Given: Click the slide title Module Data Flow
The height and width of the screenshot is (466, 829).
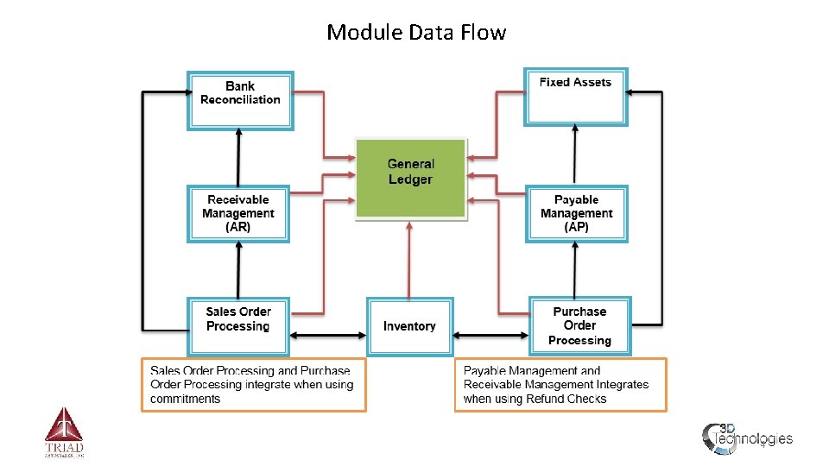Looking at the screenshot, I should (x=415, y=33).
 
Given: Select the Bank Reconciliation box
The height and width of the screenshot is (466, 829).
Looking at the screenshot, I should (x=240, y=100).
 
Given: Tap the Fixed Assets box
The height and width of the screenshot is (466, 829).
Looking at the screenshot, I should (x=575, y=96).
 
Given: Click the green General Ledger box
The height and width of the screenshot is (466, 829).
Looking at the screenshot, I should (x=410, y=178).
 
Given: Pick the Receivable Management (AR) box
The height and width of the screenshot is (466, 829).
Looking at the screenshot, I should (x=237, y=213).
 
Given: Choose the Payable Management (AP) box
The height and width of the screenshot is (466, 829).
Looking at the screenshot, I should (x=576, y=213).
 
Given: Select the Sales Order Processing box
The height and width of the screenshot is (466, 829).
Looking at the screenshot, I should (x=238, y=325).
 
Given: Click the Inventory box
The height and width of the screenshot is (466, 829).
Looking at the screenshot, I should (x=409, y=326).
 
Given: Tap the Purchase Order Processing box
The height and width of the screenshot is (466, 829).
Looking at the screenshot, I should (x=579, y=325).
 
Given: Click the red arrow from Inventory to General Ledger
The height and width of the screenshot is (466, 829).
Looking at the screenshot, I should (x=409, y=259).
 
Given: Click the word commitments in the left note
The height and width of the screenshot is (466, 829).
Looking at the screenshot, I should (x=185, y=399).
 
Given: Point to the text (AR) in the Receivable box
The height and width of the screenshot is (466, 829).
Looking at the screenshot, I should (x=237, y=227).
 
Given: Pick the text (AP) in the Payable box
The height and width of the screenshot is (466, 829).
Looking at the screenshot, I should (x=576, y=227).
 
